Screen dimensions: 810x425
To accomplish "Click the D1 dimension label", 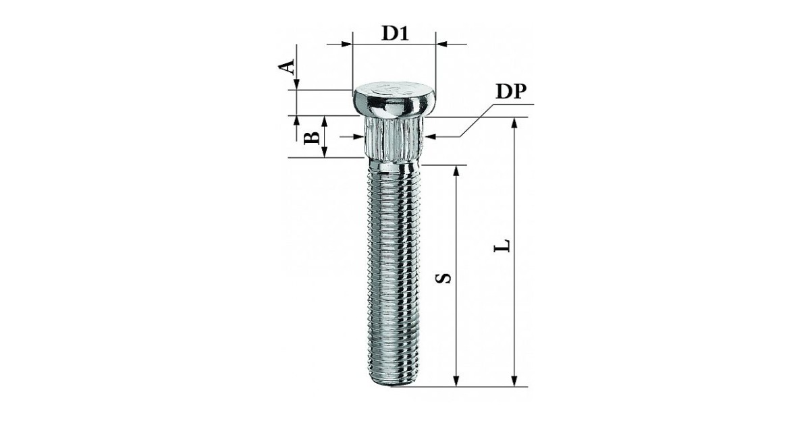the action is point(396,34).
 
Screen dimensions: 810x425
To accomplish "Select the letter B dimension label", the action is point(311,138).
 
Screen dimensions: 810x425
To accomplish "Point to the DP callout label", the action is point(511,92).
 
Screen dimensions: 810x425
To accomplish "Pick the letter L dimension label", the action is point(502,246).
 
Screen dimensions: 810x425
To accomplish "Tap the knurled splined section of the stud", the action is point(394,138).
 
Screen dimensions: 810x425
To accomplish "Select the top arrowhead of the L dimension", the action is point(514,123).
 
